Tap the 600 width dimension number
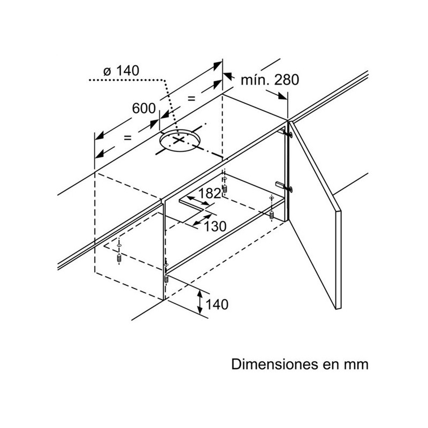[143, 108]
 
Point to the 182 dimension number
[209, 194]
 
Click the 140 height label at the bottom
[217, 305]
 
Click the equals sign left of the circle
[127, 137]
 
